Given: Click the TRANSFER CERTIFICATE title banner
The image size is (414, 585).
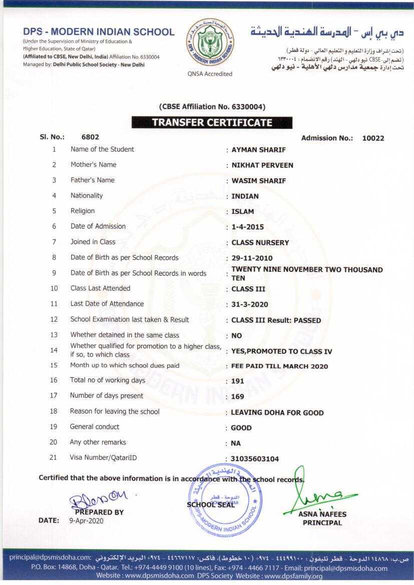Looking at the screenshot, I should [212, 123].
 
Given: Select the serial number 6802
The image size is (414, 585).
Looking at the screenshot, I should [90, 137].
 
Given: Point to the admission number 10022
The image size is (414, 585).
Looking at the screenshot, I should [373, 138].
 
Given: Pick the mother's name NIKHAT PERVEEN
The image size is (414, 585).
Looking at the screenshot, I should [262, 165].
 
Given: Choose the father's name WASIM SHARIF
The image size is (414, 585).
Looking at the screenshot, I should [258, 181].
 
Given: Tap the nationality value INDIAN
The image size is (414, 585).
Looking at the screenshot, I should [245, 196].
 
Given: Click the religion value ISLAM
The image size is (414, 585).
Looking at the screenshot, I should [243, 212].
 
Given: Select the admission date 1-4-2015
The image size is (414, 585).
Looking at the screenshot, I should [248, 227].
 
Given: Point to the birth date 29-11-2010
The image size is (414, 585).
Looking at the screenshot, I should [252, 258].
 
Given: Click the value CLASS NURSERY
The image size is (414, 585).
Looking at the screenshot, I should [260, 243].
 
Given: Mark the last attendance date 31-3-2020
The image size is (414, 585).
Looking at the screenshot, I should [250, 305].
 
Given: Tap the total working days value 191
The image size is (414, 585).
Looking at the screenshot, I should [238, 381].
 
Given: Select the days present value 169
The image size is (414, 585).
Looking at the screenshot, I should [238, 396].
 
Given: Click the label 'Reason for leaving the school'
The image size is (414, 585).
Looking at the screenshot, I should [115, 411].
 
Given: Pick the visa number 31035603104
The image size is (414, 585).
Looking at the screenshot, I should [255, 459].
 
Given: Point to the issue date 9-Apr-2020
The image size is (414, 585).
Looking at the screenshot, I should [85, 520].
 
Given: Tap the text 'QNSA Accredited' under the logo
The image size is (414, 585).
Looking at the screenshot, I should [210, 74].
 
